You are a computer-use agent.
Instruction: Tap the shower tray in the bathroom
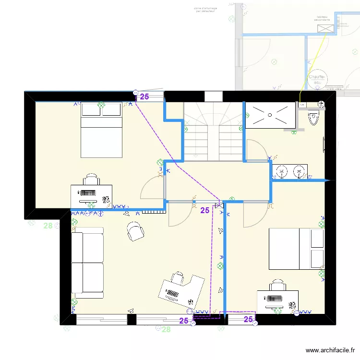click(x=270, y=115)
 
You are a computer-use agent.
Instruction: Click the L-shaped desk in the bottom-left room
click(x=181, y=291)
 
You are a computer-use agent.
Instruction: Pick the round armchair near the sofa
click(x=136, y=232)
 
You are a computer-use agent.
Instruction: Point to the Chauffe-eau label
click(x=317, y=79)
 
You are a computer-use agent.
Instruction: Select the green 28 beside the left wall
click(x=48, y=226)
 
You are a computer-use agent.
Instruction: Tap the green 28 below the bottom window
click(x=166, y=329)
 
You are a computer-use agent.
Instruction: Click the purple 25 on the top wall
click(x=144, y=96)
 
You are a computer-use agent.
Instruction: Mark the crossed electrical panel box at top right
click(x=326, y=29)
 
